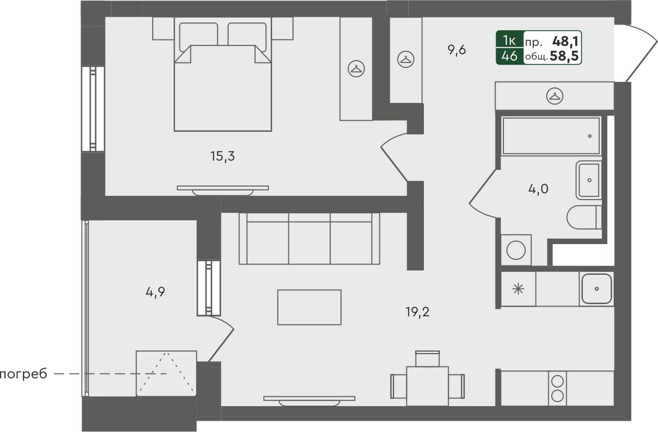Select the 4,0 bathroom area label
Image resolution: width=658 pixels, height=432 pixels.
(x=538, y=188)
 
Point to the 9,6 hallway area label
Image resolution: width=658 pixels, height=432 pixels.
(x=457, y=50)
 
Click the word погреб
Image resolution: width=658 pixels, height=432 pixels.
(x=23, y=374)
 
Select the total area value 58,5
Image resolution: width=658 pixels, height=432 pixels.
(x=564, y=57)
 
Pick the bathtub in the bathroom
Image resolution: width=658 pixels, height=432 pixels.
(x=551, y=136)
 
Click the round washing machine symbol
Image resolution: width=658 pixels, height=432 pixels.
(x=516, y=250)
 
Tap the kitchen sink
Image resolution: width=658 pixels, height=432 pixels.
(x=596, y=288)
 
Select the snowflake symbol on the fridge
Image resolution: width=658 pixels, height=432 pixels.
(x=518, y=289)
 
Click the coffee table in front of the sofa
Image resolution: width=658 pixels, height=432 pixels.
(x=309, y=307)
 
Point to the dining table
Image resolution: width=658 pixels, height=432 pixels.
(x=427, y=386)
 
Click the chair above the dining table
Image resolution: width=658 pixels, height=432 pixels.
(x=427, y=358)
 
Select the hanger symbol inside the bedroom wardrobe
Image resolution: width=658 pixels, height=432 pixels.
(x=356, y=69)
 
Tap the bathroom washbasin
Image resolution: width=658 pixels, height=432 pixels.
(x=589, y=180)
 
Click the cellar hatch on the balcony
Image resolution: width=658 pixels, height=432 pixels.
(x=166, y=373)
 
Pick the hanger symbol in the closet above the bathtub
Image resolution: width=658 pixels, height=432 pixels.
(x=554, y=96)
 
